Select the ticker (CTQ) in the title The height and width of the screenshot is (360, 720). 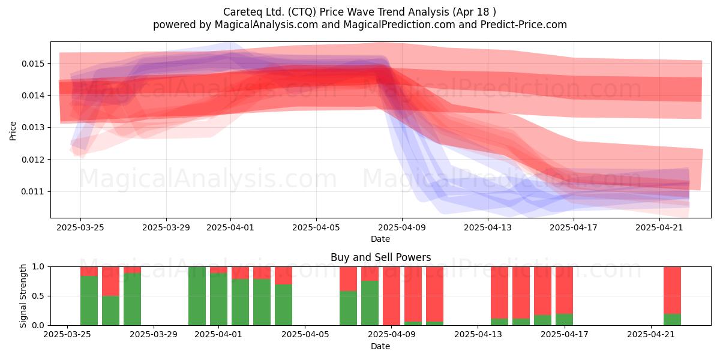point(302,12)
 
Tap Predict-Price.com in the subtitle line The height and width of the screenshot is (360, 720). point(524,25)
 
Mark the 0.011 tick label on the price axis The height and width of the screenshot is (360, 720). point(32,192)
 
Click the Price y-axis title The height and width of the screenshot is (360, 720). point(13,131)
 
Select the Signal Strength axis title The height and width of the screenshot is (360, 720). point(23,296)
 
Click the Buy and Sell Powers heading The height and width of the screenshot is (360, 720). point(380,257)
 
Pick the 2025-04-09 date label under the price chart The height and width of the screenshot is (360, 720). point(402,227)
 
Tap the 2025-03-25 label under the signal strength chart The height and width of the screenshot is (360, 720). point(67,335)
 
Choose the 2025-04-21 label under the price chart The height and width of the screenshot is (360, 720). point(659,227)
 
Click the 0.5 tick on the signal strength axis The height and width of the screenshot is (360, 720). point(38,296)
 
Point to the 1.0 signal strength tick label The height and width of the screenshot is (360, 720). point(38,267)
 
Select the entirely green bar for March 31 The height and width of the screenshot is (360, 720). point(197,296)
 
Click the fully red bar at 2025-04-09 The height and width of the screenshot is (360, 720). point(391,296)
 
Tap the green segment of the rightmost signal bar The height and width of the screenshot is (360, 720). point(672,319)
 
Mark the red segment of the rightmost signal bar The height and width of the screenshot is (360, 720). point(672,290)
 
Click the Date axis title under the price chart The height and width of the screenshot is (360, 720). point(380,239)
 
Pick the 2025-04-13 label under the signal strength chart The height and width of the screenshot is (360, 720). point(478,335)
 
